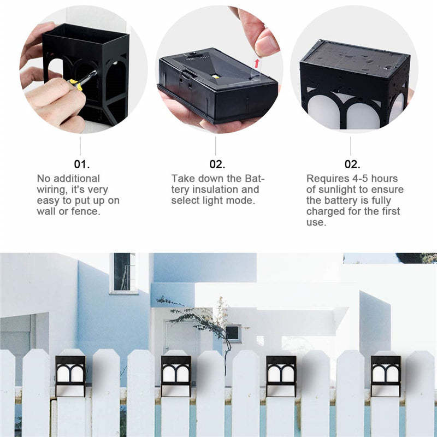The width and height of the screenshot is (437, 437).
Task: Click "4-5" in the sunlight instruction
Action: pos(357,179)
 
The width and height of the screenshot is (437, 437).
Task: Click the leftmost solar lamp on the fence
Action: pos(70,375)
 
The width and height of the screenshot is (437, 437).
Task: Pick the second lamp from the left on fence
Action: pos(176,375)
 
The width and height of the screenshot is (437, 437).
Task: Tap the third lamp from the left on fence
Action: pos(281,375)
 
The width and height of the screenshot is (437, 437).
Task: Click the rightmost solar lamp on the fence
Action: pos(386,375)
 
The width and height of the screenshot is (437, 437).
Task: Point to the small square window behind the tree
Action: pos(233,332)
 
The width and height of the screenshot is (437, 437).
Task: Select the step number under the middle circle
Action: pos(217,164)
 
